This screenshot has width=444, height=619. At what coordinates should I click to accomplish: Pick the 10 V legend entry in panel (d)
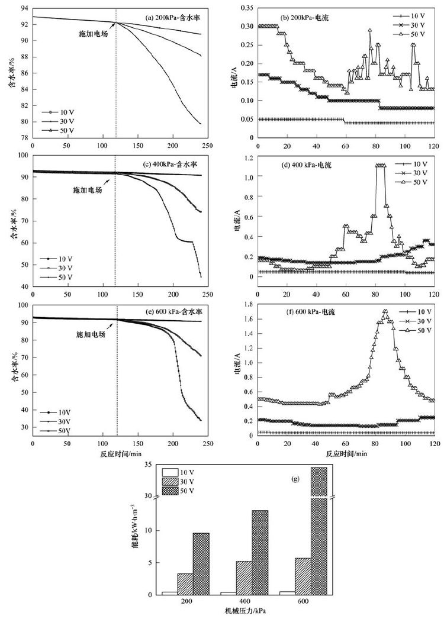click(x=413, y=163)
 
